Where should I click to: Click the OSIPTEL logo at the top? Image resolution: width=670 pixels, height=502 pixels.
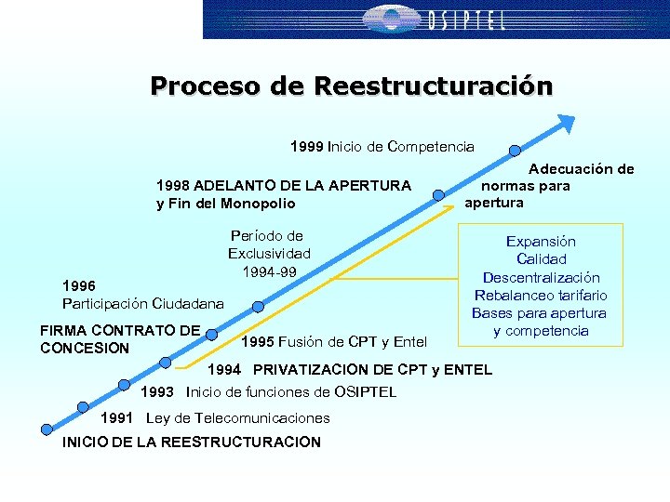[435, 20]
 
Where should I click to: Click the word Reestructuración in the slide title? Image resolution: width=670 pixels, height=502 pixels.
[433, 86]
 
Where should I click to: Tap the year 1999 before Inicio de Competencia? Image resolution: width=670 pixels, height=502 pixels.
[306, 146]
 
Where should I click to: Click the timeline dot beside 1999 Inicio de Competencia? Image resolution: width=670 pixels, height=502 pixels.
[514, 151]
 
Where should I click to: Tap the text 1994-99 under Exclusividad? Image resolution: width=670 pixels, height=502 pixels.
[269, 271]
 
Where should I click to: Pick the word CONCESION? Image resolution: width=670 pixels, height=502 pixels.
[86, 348]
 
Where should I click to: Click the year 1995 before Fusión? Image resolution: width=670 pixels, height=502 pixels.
[257, 342]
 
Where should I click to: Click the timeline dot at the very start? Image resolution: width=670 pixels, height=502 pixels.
[46, 429]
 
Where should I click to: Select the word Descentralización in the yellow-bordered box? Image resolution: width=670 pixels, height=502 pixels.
[541, 277]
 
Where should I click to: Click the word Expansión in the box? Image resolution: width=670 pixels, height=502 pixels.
[541, 241]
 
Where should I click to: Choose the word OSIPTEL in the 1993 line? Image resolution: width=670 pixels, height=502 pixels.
[358, 391]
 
